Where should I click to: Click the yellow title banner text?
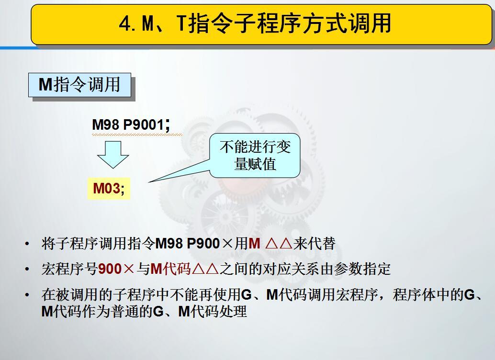[255, 23]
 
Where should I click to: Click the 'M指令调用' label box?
[79, 85]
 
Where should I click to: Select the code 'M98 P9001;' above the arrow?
[131, 125]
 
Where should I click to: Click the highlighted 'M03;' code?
[109, 189]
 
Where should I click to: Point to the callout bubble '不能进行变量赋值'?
[255, 156]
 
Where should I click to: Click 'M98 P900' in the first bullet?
[188, 244]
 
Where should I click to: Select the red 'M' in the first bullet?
[255, 244]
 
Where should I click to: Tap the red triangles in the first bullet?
[279, 244]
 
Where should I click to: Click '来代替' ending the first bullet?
[314, 244]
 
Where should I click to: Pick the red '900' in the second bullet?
[110, 269]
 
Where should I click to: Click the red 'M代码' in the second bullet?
[171, 269]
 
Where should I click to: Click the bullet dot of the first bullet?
[27, 244]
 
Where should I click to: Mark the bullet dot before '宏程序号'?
[27, 270]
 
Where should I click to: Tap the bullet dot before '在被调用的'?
[27, 295]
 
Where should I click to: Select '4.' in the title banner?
[127, 24]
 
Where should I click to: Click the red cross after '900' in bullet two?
[129, 269]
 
